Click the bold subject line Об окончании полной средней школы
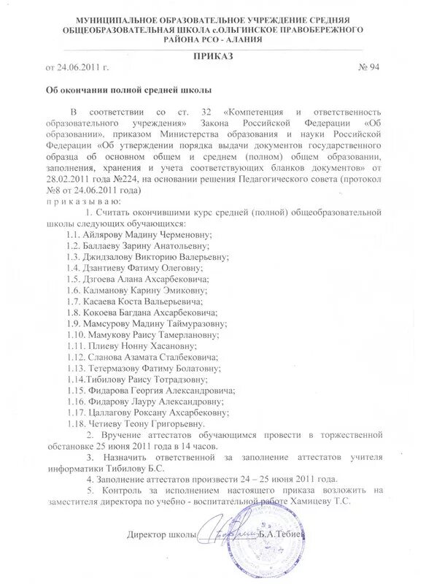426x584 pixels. coord(124,91)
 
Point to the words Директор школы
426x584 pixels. coord(162,535)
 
